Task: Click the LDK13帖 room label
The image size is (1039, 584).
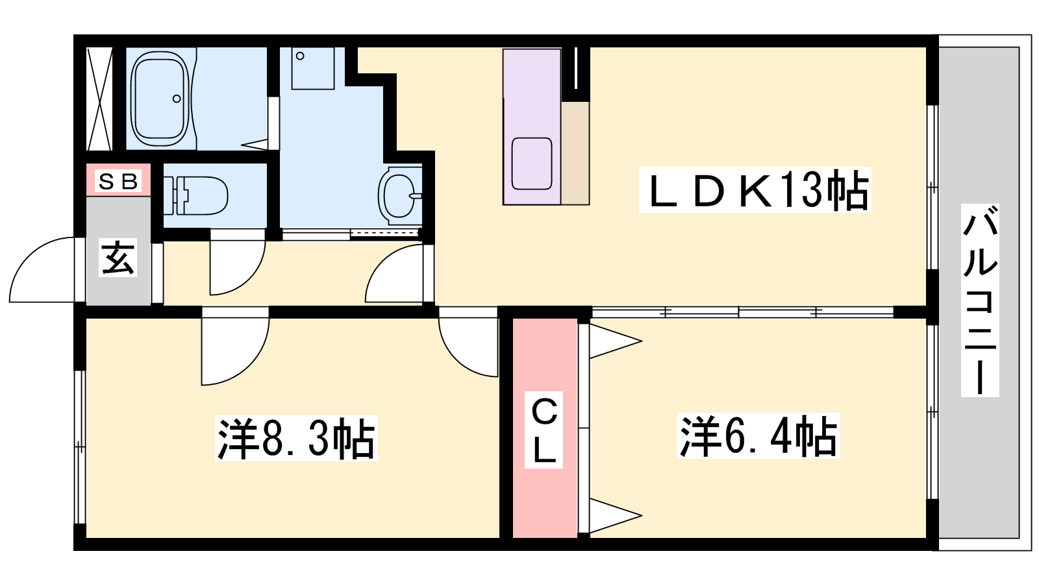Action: (755, 189)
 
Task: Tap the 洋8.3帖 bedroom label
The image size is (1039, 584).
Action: (296, 438)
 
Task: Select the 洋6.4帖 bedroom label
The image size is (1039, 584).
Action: (759, 435)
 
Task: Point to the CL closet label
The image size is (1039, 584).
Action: (544, 430)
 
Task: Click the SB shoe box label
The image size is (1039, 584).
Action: (119, 181)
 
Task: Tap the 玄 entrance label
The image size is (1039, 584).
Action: (118, 258)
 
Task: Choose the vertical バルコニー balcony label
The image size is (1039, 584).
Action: (980, 300)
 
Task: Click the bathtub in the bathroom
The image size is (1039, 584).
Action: (160, 98)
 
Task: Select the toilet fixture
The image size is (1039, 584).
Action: (195, 195)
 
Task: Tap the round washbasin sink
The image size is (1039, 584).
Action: (399, 195)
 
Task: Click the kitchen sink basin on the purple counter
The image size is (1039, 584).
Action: (532, 163)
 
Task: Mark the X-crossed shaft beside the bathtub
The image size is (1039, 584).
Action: (100, 99)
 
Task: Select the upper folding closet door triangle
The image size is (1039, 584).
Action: (616, 341)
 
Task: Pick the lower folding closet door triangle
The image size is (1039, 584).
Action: (616, 515)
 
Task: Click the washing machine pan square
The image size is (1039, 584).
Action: (313, 68)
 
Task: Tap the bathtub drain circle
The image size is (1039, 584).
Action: (176, 99)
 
